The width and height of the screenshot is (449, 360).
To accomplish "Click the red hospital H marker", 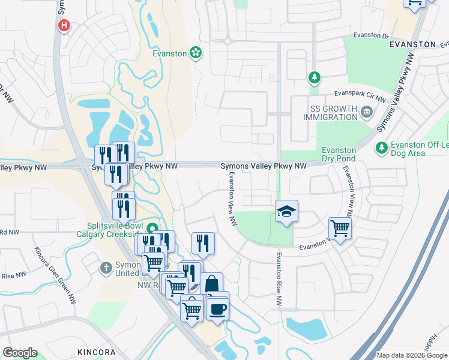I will (63, 26).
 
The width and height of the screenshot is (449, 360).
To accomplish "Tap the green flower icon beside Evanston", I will (195, 53).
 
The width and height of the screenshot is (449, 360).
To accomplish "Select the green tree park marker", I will (313, 77).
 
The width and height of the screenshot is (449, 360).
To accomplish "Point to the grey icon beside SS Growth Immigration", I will (366, 112).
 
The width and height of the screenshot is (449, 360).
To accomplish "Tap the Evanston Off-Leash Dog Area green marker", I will (381, 147).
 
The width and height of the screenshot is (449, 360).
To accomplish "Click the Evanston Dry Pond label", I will (339, 154).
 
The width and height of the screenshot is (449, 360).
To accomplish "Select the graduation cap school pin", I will (286, 211).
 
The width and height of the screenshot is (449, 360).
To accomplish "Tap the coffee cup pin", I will (217, 308).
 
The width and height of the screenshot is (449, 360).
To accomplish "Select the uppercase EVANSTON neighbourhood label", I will (412, 44).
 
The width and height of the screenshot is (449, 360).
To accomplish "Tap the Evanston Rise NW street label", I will (279, 278).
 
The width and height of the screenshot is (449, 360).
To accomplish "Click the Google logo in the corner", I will (20, 353).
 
